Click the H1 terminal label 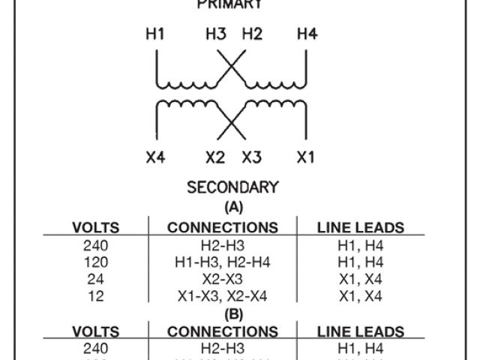pos(156,34)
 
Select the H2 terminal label pos(252,34)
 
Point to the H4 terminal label pos(307,34)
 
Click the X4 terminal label pos(156,157)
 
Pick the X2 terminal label pos(215,157)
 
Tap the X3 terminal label pos(252,157)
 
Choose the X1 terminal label pos(306,157)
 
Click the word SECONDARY pos(233,187)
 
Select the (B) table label pos(233,314)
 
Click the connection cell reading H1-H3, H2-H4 pos(223,262)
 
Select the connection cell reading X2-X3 pos(223,279)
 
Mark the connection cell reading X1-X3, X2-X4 pos(223,296)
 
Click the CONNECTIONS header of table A pos(223,227)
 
